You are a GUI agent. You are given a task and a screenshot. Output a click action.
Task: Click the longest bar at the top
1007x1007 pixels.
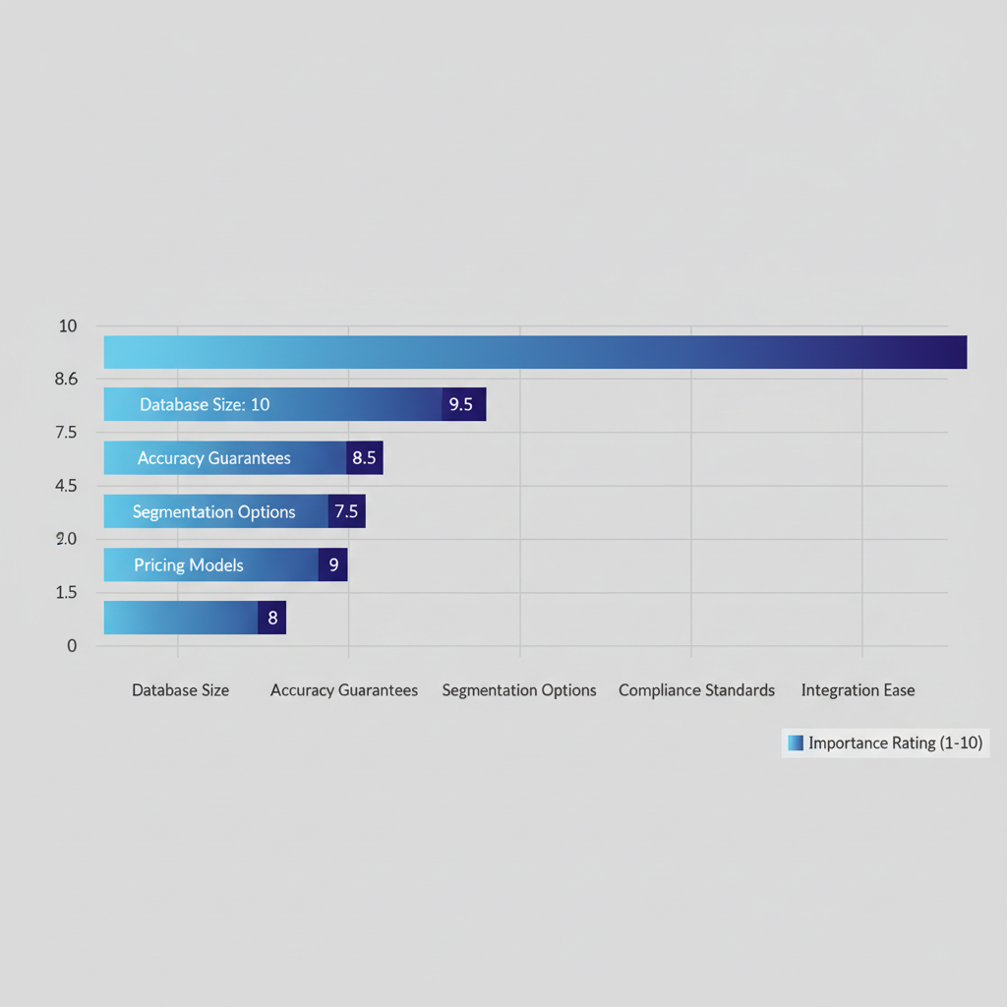(535, 352)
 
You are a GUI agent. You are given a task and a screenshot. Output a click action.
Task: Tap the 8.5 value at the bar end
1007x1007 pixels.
(364, 457)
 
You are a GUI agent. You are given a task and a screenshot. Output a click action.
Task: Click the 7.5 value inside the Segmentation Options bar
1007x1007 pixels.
(346, 511)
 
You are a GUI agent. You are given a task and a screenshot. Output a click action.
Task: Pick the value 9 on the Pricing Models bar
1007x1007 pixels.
(333, 564)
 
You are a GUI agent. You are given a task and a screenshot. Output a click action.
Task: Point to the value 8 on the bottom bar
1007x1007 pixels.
(272, 618)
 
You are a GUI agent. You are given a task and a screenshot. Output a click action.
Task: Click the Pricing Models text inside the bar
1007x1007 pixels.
(189, 565)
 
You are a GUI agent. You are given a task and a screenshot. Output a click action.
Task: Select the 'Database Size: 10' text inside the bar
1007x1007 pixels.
(205, 404)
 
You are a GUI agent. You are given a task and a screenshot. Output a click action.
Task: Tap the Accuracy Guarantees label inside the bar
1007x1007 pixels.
(213, 458)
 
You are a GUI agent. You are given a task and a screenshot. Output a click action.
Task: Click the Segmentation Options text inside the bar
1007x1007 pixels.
(213, 511)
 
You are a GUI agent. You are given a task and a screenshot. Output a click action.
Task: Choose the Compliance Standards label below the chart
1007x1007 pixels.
(696, 690)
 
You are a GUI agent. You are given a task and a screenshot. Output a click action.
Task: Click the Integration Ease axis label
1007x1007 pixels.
(858, 690)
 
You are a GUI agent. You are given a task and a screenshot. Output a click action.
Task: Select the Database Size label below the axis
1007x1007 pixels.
(181, 690)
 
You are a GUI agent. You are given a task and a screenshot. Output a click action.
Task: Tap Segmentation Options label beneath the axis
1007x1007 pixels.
(519, 690)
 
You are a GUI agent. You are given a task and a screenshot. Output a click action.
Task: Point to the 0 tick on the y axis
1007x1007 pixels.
(71, 646)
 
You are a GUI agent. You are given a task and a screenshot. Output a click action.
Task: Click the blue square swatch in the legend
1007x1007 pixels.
(796, 742)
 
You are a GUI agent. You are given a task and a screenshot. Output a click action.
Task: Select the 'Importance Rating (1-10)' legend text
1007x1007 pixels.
(895, 742)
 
